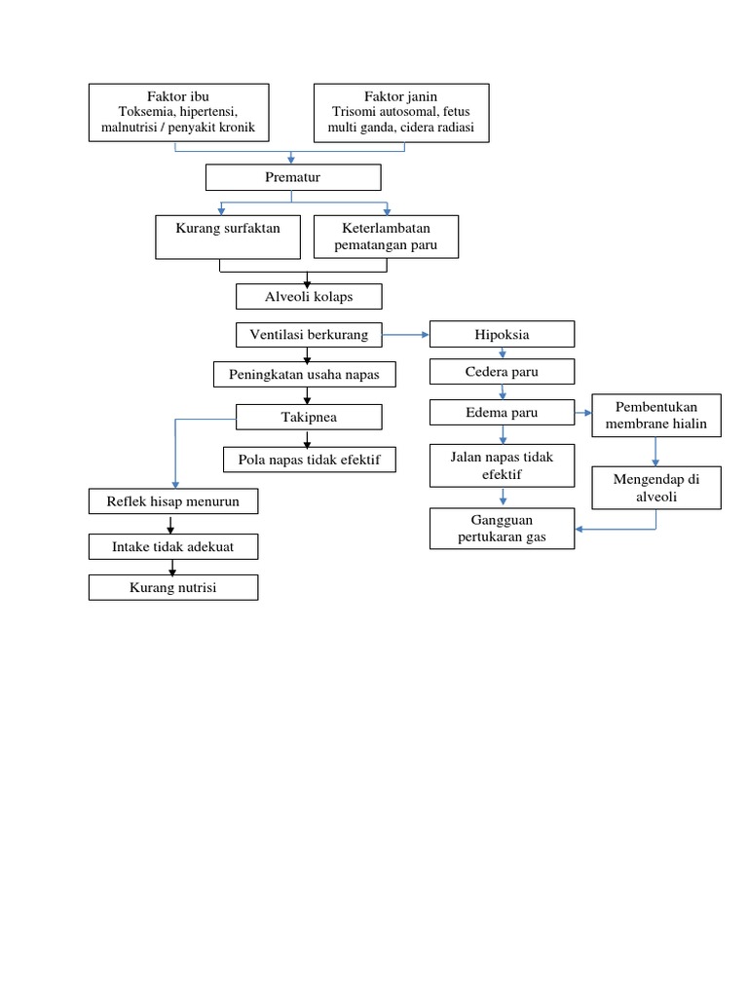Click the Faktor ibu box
pos(178,113)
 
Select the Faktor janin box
pos(400,113)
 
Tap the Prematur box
pos(292,177)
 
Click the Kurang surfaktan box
pos(228,237)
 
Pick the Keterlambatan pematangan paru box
pos(386,237)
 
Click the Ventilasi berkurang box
pos(309,335)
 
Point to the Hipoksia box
pos(503,335)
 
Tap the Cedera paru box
pos(503,372)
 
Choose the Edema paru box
pos(503,413)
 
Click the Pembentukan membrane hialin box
pos(656,415)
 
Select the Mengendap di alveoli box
pos(656,487)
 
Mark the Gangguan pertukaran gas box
pos(503,528)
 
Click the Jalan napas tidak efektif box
pos(503,464)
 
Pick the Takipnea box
pos(309,417)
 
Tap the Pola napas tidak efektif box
pos(309,459)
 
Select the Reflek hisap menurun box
pos(173,501)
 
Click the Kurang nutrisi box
pos(173,588)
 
